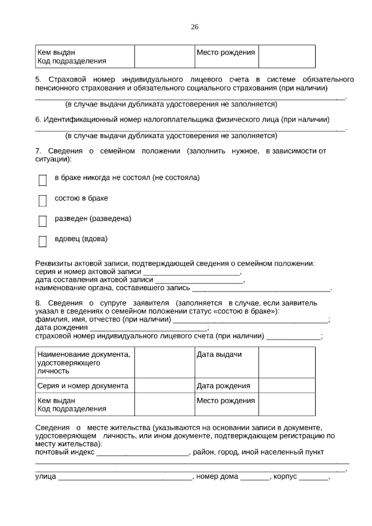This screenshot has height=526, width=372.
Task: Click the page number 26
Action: coord(194,27)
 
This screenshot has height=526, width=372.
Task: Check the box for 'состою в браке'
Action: coord(42,201)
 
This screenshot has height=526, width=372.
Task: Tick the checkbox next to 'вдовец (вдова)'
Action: coord(42,241)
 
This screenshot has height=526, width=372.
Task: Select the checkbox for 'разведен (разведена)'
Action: coord(42,221)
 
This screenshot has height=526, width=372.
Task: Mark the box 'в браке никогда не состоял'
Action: coord(42,180)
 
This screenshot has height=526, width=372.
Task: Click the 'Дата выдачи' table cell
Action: coord(219,354)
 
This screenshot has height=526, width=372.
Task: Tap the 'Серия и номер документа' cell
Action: coord(83,386)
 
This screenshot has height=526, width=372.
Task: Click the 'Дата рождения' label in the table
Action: coord(223,386)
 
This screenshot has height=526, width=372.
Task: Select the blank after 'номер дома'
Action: coord(255,478)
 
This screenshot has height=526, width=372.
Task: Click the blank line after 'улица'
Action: coord(125,478)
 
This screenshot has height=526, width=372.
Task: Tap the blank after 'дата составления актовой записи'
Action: coord(198,281)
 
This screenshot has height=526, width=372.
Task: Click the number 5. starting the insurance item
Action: coord(38,80)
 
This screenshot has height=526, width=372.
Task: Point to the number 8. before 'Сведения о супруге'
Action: coord(38,303)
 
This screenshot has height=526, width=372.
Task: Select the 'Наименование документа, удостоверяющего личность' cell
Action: coord(84,363)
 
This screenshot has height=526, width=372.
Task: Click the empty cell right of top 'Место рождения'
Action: coord(287,56)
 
